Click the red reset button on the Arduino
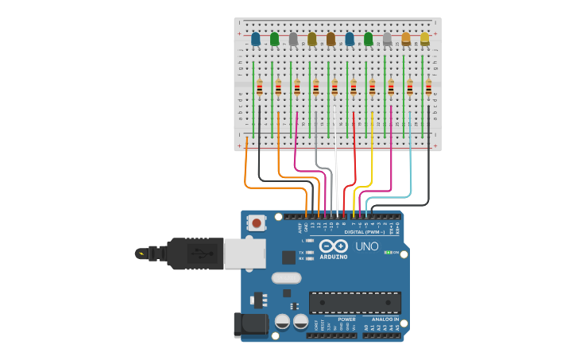pyautogui.click(x=257, y=223)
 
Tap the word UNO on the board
pyautogui.click(x=366, y=246)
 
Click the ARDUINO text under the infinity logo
pyautogui.click(x=334, y=256)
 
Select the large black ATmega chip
pyautogui.click(x=354, y=303)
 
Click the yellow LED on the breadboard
pyautogui.click(x=425, y=38)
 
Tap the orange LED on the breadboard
pyautogui.click(x=406, y=38)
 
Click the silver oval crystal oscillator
pyautogui.click(x=286, y=278)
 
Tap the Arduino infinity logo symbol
pyautogui.click(x=334, y=246)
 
